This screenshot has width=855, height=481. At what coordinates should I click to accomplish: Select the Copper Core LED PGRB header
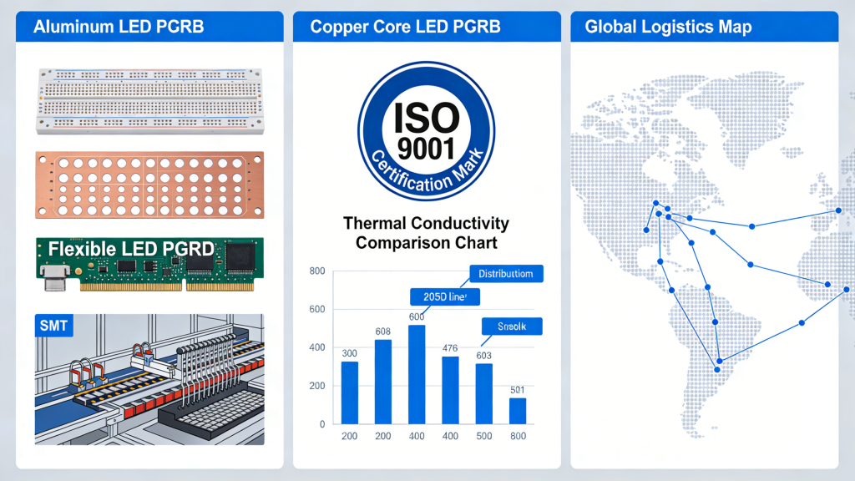coord(405,27)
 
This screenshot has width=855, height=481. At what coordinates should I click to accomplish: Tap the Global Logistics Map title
coord(668,27)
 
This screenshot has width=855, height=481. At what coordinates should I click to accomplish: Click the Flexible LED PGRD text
coord(130,249)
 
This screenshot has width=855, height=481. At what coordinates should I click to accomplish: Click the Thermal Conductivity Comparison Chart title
coord(426,233)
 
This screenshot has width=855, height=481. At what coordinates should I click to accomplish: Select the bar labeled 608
coord(383,382)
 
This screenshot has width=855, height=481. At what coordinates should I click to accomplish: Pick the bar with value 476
coord(450,390)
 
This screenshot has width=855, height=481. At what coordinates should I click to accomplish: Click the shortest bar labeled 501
coord(518,411)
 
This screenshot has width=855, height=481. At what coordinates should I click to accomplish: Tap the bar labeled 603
coord(483,393)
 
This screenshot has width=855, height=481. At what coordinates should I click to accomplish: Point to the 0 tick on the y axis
coord(321,424)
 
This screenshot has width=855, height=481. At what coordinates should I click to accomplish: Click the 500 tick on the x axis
coord(483,437)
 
